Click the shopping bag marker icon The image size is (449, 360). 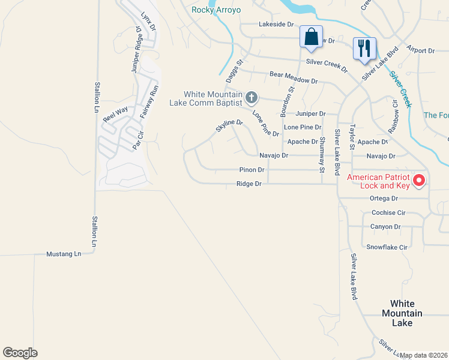312,37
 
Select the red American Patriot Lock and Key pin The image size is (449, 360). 418,179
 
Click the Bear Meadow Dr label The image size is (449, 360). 294,76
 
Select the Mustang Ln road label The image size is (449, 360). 64,254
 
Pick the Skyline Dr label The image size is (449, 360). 229,126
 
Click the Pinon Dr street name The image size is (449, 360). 252,170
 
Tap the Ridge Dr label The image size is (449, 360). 249,184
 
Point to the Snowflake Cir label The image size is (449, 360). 387,247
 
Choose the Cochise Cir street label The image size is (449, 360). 388,213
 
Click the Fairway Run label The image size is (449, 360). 148,101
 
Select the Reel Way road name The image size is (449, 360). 115,114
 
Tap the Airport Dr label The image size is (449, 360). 420,50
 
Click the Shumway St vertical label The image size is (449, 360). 322,155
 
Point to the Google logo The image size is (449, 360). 20,353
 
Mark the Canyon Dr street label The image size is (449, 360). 385,227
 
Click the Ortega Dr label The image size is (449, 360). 384,199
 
